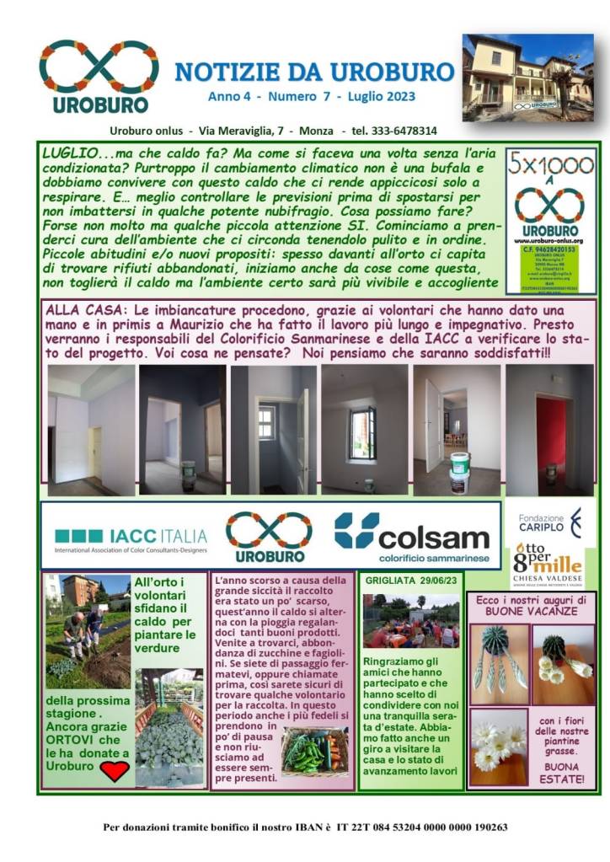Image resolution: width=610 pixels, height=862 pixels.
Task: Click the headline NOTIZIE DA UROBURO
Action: [313, 72]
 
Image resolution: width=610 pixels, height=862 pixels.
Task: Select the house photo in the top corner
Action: [527, 78]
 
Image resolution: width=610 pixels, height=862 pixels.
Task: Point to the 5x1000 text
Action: [550, 165]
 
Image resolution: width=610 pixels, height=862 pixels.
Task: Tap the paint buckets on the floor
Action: [459, 472]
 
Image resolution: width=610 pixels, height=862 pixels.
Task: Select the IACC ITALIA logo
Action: [131, 537]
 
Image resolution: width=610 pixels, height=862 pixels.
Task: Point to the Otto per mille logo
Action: [548, 564]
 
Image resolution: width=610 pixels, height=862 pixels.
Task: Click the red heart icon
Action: [114, 770]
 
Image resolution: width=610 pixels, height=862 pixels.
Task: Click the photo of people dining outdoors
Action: [410, 622]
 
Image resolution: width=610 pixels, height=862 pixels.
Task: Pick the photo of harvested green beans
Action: [313, 752]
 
